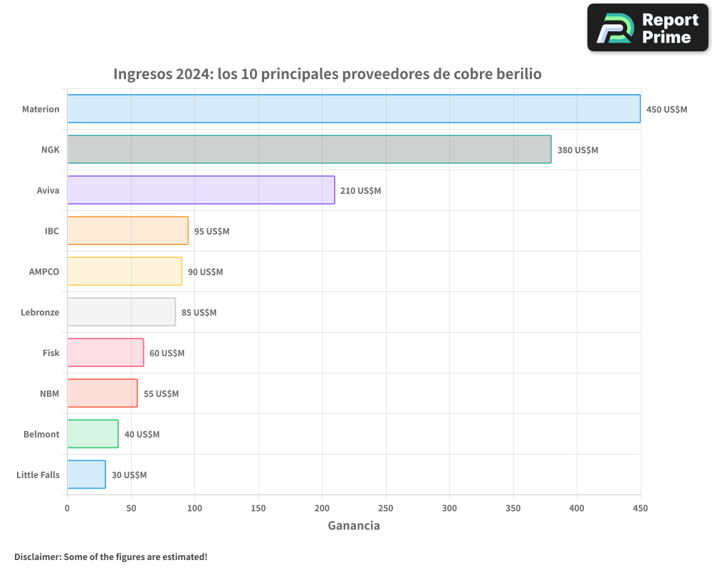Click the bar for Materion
[354, 109]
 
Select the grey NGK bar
[309, 150]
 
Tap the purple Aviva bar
[201, 190]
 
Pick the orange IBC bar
[127, 231]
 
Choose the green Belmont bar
[93, 434]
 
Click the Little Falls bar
[86, 475]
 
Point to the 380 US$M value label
[577, 150]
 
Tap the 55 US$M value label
[161, 394]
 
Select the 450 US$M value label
[666, 110]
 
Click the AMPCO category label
[44, 271]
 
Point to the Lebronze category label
[40, 312]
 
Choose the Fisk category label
[51, 353]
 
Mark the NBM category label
[49, 393]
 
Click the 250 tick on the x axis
[386, 508]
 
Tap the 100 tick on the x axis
[194, 508]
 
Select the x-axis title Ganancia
[354, 526]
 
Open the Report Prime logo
[648, 28]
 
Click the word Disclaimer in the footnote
[37, 556]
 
